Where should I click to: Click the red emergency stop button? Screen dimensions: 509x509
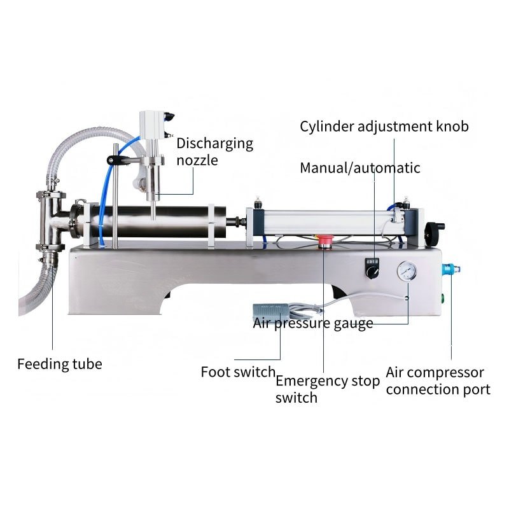(x=324, y=241)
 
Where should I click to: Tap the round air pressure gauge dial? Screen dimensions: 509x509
(x=405, y=272)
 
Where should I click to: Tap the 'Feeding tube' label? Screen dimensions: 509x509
(x=59, y=365)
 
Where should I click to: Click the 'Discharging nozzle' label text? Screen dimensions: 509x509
(x=214, y=151)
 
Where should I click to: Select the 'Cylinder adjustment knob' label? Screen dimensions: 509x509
(x=384, y=126)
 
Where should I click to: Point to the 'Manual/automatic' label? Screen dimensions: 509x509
(x=360, y=168)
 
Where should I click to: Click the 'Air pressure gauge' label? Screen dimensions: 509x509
(x=313, y=323)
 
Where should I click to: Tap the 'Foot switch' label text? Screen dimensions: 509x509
(x=238, y=372)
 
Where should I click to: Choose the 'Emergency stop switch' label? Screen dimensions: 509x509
(x=327, y=389)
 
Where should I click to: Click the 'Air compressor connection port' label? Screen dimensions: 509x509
(x=438, y=380)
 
